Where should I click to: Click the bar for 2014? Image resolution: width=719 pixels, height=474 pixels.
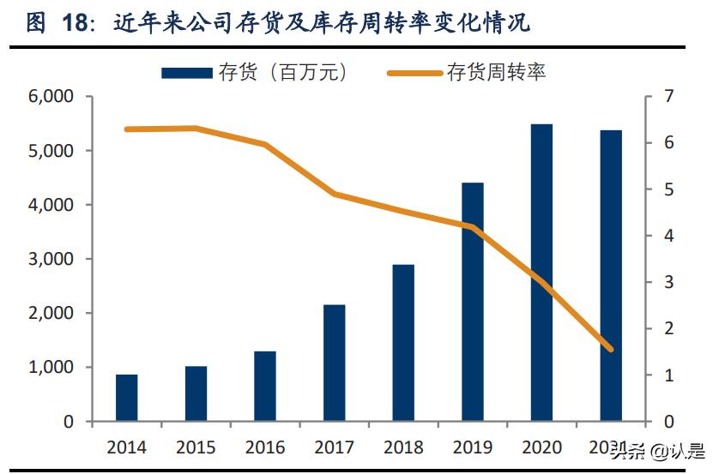[127, 398]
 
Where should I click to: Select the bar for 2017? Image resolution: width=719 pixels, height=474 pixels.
[335, 363]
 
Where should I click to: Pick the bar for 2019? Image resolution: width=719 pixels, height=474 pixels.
[473, 302]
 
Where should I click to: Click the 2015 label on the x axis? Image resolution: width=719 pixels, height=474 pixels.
[196, 447]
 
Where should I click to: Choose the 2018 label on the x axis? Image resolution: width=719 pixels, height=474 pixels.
[404, 447]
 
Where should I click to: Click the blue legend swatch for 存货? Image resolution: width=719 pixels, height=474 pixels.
[186, 73]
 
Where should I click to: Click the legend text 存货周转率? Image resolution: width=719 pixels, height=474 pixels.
[496, 73]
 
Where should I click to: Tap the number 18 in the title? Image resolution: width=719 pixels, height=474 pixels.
[76, 23]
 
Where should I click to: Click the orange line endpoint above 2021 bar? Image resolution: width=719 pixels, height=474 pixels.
[611, 349]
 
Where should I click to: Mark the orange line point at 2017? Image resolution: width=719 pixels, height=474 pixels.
[335, 195]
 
